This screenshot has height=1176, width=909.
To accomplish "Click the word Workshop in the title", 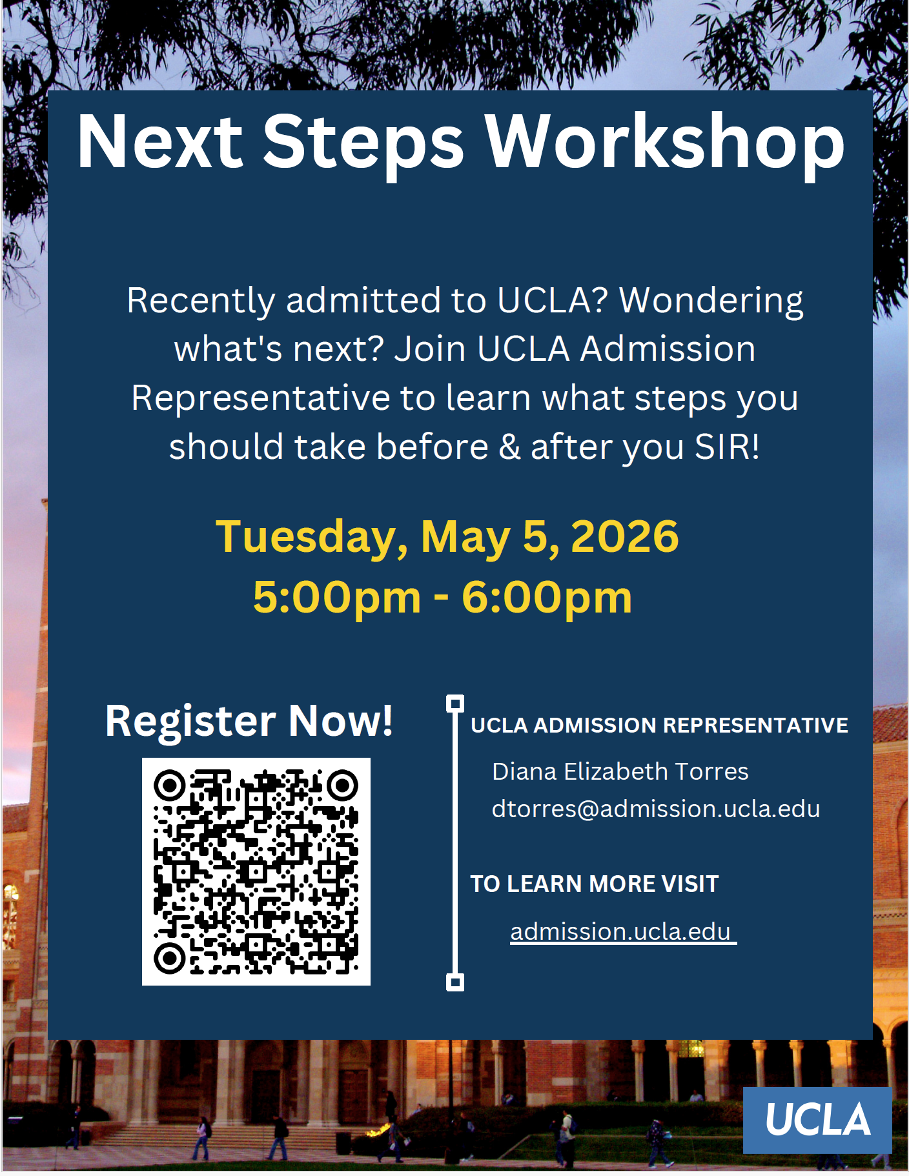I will pyautogui.click(x=664, y=142).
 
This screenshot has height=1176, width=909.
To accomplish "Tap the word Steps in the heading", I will pyautogui.click(x=363, y=142).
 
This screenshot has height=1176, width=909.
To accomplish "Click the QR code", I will pyautogui.click(x=256, y=871).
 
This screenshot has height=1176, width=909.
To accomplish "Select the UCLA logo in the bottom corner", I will pyautogui.click(x=817, y=1120).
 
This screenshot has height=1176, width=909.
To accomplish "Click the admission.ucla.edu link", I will pyautogui.click(x=620, y=931).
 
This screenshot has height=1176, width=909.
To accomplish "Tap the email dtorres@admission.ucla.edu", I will pyautogui.click(x=655, y=809).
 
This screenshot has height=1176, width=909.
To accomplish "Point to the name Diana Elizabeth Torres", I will pyautogui.click(x=620, y=771).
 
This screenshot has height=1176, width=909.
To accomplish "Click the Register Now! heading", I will pyautogui.click(x=249, y=720).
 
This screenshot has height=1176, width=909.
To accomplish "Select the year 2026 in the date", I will pyautogui.click(x=624, y=536).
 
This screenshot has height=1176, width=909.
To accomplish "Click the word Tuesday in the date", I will pyautogui.click(x=312, y=536).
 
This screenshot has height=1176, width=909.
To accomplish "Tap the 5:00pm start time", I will pyautogui.click(x=336, y=597).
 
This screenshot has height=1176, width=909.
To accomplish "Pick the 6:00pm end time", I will pyautogui.click(x=547, y=597).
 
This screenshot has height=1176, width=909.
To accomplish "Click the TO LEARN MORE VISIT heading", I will pyautogui.click(x=594, y=884).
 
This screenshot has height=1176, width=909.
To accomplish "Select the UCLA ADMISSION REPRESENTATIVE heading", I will pyautogui.click(x=659, y=725).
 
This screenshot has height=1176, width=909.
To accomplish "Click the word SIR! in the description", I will pyautogui.click(x=727, y=447).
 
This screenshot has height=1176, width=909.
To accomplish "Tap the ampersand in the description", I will pyautogui.click(x=509, y=447).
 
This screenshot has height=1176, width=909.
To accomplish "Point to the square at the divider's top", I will pyautogui.click(x=455, y=704).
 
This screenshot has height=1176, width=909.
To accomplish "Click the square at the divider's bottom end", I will pyautogui.click(x=455, y=982).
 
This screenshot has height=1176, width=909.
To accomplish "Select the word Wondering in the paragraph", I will pyautogui.click(x=711, y=301).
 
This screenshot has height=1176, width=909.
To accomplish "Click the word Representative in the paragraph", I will pyautogui.click(x=261, y=398).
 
